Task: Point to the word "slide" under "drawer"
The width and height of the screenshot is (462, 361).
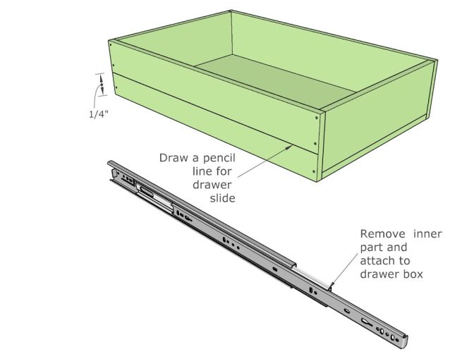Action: [221, 198]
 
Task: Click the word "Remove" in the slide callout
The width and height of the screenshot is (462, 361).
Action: [381, 233]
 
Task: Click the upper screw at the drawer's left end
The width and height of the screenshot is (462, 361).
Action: [111, 46]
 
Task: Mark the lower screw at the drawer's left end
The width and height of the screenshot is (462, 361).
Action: [111, 90]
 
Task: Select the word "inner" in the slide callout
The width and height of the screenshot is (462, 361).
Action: [427, 233]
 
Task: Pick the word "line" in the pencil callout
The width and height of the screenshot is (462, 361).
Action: [202, 171]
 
